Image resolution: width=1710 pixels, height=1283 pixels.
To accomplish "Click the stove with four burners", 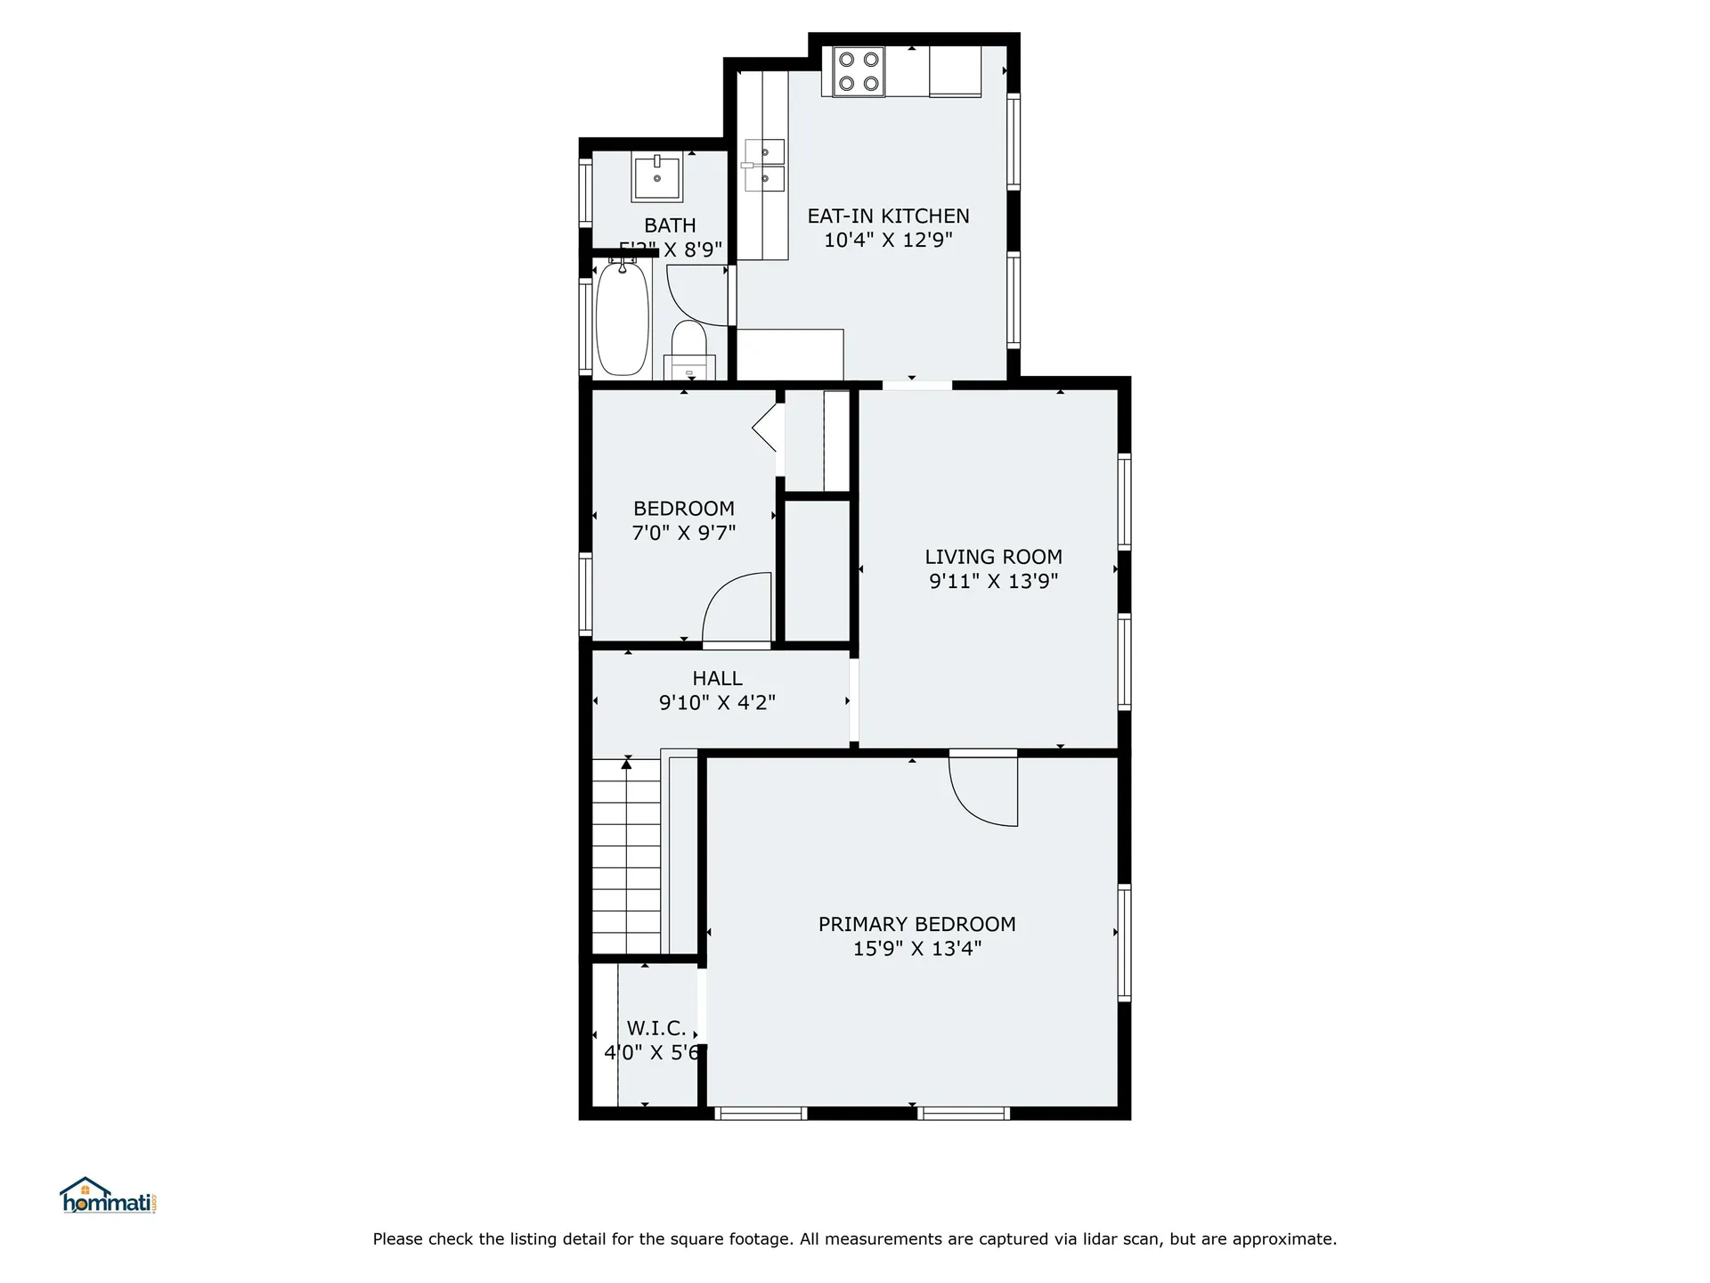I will pyautogui.click(x=859, y=71).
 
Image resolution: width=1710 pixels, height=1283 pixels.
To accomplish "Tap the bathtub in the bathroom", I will pyautogui.click(x=622, y=318).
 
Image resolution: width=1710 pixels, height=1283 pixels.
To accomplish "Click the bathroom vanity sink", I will pyautogui.click(x=656, y=177).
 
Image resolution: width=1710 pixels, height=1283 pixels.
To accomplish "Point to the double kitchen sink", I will pyautogui.click(x=764, y=166).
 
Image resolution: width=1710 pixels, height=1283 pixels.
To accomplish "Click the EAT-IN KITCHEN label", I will pyautogui.click(x=888, y=217).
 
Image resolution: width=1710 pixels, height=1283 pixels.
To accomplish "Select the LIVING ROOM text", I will pyautogui.click(x=993, y=558).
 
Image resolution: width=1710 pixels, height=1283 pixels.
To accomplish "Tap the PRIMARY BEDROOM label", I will pyautogui.click(x=916, y=925).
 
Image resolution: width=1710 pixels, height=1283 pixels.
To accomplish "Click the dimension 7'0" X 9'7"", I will pyautogui.click(x=683, y=534).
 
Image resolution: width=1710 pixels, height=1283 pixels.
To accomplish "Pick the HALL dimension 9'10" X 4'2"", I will pyautogui.click(x=717, y=703).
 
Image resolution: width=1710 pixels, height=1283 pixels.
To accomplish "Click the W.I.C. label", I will pyautogui.click(x=656, y=1028).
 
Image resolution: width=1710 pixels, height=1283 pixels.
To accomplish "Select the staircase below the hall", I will pyautogui.click(x=626, y=855).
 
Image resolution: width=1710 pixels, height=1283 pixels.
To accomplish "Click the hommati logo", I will pyautogui.click(x=108, y=1196).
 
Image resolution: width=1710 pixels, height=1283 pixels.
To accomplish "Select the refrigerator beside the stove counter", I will pyautogui.click(x=955, y=71).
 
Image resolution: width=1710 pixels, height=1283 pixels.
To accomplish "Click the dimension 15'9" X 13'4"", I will pyautogui.click(x=916, y=949).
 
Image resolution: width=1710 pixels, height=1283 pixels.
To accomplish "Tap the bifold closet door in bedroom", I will pyautogui.click(x=767, y=429).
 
